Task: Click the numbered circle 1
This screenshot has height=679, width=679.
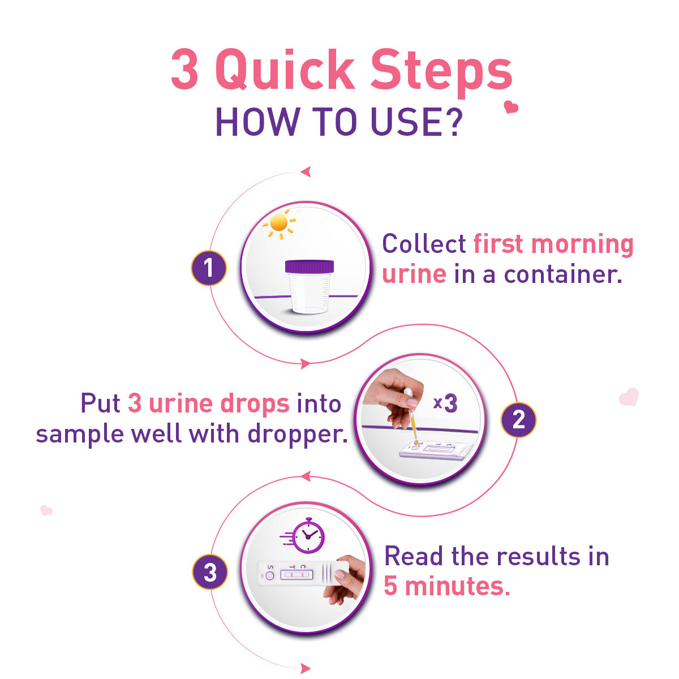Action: [209, 268]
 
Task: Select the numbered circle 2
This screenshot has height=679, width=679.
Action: [518, 419]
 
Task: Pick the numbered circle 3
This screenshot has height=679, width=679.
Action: [210, 572]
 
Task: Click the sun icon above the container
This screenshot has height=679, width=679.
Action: [278, 223]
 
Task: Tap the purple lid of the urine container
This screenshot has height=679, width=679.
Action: [309, 267]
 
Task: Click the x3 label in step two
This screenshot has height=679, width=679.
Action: [445, 403]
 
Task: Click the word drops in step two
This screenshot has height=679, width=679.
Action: [255, 404]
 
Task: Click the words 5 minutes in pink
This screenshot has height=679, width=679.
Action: [446, 586]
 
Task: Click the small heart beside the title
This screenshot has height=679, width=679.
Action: [511, 106]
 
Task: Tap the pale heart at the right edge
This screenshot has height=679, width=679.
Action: [629, 397]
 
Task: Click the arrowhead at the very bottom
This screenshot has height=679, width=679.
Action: [305, 669]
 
